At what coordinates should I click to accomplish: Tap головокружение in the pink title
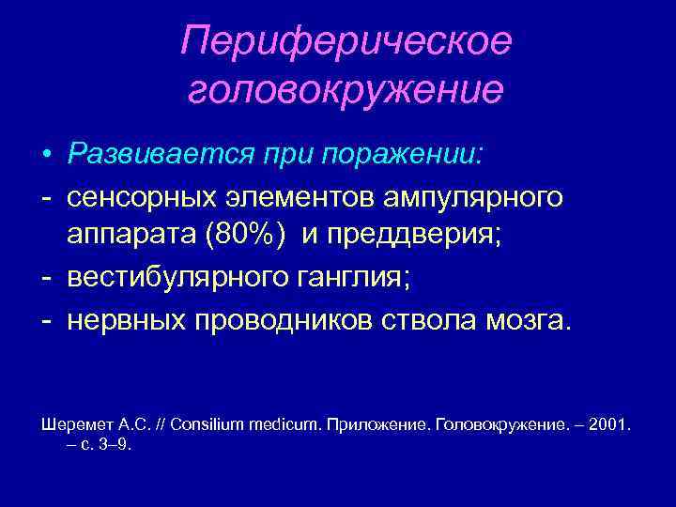click(346, 90)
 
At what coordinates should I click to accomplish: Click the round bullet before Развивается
click(45, 153)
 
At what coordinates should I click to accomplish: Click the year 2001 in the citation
click(611, 425)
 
